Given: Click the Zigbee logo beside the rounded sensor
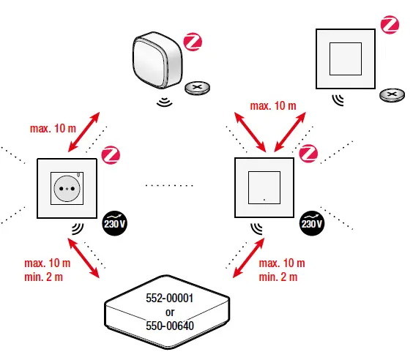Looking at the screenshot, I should (193, 41).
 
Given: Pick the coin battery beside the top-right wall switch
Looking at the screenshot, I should (392, 95).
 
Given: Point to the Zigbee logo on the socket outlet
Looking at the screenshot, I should (111, 154).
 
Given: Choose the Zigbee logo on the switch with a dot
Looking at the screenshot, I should (310, 154).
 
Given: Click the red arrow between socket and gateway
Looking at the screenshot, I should (84, 258).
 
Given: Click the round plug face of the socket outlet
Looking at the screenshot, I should (66, 188).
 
